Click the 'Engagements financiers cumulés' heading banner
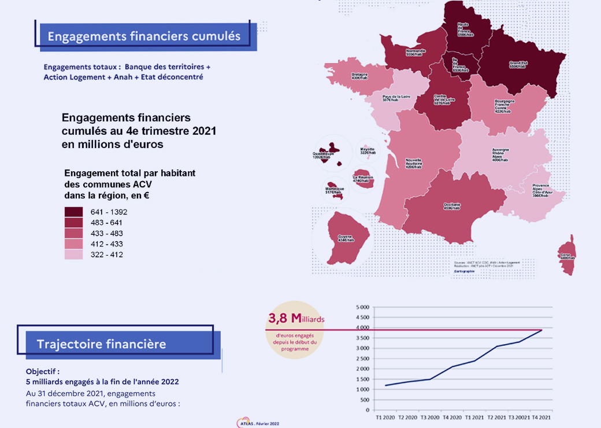(x=144, y=36)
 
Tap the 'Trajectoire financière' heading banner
(x=102, y=344)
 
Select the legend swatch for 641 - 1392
(x=73, y=212)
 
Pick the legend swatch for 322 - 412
(x=73, y=254)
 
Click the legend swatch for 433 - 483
(x=73, y=233)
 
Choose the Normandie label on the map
(x=416, y=53)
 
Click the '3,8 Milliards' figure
(x=296, y=319)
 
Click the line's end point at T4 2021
(x=541, y=330)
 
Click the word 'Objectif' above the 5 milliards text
(x=42, y=371)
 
